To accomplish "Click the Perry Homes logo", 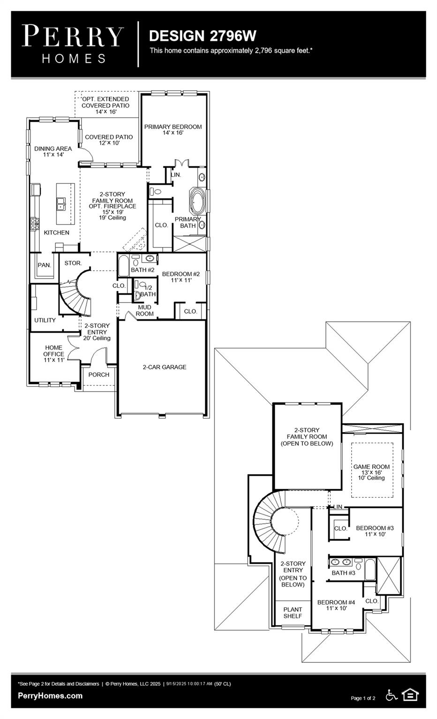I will (x=73, y=44).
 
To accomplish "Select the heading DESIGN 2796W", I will (x=203, y=36).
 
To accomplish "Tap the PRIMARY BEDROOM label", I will (x=173, y=130).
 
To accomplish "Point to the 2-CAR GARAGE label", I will (x=164, y=367).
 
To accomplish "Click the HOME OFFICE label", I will (x=53, y=354).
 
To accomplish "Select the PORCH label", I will (x=98, y=374).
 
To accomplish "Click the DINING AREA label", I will (x=53, y=151).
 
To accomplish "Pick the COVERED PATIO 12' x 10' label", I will (x=109, y=140).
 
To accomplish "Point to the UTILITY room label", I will (x=45, y=320).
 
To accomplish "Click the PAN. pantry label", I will (x=44, y=265).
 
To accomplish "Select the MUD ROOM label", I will (x=144, y=310).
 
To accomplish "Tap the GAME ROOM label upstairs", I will (x=371, y=472).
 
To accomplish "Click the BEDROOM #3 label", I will (x=375, y=531).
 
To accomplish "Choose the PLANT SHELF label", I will (x=293, y=613).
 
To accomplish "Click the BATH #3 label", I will (x=343, y=573).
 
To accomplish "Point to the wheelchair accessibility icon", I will (x=391, y=695).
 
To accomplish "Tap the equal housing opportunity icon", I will (x=410, y=695).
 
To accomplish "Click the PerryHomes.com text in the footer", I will (x=50, y=696).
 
